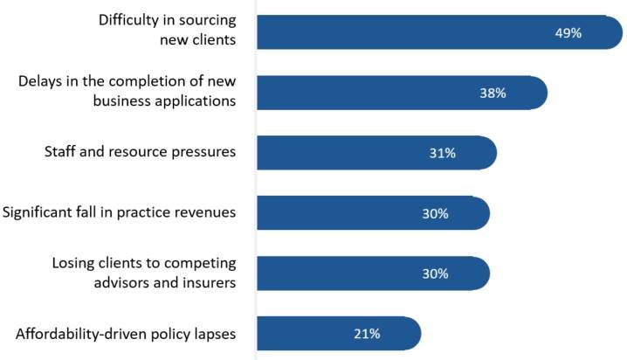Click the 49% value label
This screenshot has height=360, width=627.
coord(568,32)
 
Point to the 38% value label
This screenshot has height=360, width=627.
coord(493,93)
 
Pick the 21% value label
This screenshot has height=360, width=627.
coord(367,333)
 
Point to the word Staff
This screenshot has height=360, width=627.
coord(60,152)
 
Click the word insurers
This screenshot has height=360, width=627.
coord(209,281)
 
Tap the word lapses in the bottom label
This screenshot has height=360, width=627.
coord(215,333)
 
